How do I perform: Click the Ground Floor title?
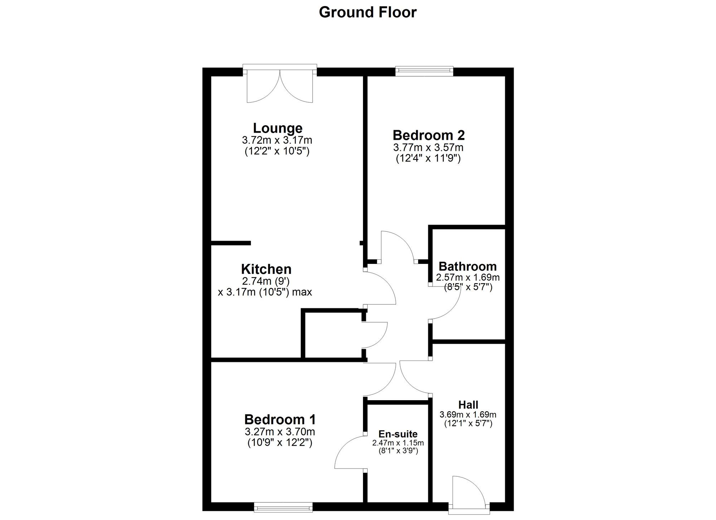click(368, 13)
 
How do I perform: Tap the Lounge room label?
click(277, 128)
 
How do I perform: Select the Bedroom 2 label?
click(429, 135)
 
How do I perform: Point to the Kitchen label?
click(266, 269)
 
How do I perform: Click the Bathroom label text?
click(468, 266)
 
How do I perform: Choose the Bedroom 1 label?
click(280, 419)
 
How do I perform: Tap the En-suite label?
click(398, 434)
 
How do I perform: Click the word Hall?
click(468, 405)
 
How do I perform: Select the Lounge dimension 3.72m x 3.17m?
click(277, 140)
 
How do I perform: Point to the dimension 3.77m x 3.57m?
click(428, 147)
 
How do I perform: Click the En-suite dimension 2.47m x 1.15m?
click(398, 443)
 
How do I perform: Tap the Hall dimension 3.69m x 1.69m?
click(468, 415)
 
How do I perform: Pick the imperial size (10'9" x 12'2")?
click(280, 443)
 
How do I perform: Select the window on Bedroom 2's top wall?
click(424, 71)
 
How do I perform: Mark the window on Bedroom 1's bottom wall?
click(283, 507)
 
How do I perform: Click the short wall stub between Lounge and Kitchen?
click(231, 243)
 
